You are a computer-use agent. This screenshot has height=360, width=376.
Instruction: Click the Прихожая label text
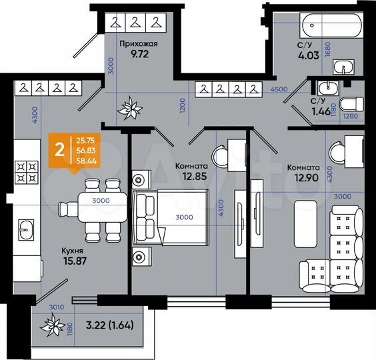(138, 45)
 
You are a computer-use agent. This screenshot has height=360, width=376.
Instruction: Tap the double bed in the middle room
(170, 217)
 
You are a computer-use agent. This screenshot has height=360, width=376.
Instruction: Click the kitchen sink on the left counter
(25, 230)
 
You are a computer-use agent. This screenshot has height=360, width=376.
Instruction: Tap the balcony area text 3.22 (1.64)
(108, 327)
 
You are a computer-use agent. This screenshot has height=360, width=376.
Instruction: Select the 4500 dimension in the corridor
(279, 89)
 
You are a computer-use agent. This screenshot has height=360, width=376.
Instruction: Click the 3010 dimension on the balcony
(57, 307)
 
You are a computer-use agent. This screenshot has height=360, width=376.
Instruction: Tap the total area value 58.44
(86, 161)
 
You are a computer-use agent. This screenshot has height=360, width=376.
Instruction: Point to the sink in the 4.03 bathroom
(345, 67)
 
